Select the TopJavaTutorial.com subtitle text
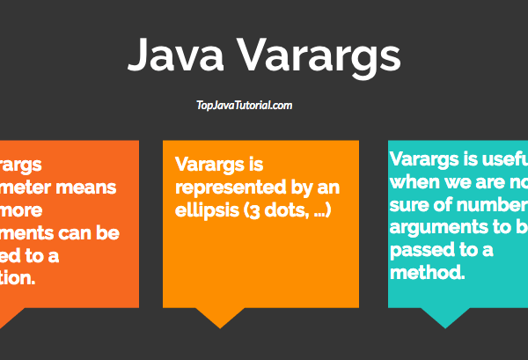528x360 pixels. point(244,106)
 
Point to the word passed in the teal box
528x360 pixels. point(419,250)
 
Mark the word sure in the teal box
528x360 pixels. point(407,205)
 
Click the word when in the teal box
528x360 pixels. point(413,182)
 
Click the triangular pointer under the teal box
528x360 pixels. point(446,319)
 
